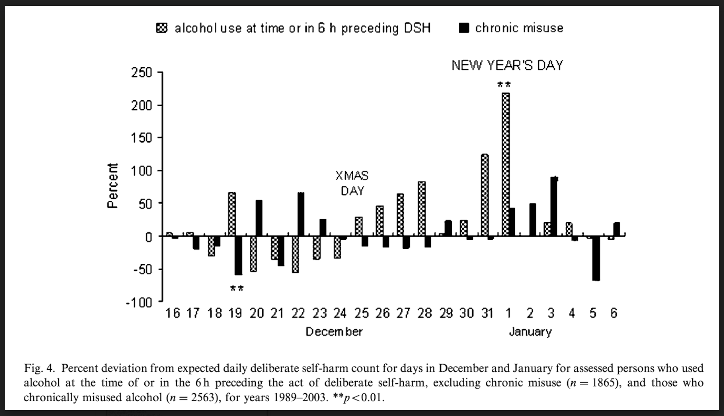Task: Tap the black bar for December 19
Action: (239, 255)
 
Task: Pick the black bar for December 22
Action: (301, 214)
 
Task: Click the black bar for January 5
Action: (596, 258)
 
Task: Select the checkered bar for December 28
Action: (422, 209)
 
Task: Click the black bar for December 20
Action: (259, 218)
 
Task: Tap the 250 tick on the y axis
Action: (141, 73)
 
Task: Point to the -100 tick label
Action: (139, 303)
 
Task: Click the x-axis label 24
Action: (340, 313)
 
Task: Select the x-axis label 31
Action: (487, 313)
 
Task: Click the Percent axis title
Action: (112, 186)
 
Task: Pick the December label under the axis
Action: (334, 332)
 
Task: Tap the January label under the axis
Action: (530, 332)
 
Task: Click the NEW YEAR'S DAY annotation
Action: (507, 65)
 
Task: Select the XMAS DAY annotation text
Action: (352, 183)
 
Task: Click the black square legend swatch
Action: (464, 28)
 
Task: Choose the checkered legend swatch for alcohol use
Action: (162, 28)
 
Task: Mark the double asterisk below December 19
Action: (237, 289)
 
